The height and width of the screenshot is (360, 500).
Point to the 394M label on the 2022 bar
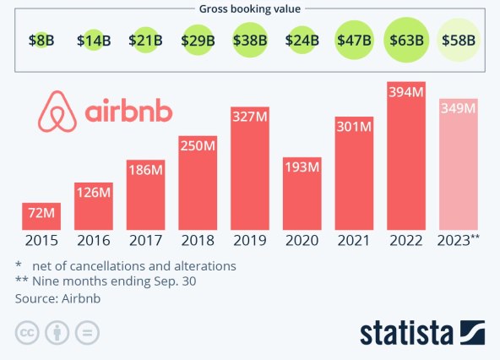coord(407,92)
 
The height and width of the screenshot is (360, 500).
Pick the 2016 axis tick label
coord(94,240)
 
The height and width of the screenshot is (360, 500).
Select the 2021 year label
coord(355,240)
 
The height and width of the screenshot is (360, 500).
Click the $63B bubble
coord(407,39)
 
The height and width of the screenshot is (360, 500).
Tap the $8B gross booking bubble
coord(41,39)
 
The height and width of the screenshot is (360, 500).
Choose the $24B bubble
coord(302,39)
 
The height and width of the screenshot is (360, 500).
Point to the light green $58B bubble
coord(459,39)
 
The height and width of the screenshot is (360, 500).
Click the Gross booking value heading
coord(250,8)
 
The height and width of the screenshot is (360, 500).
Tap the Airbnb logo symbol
coord(57,113)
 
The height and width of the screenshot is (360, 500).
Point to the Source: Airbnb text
coord(57,297)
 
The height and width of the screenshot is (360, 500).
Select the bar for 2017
coord(146,195)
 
